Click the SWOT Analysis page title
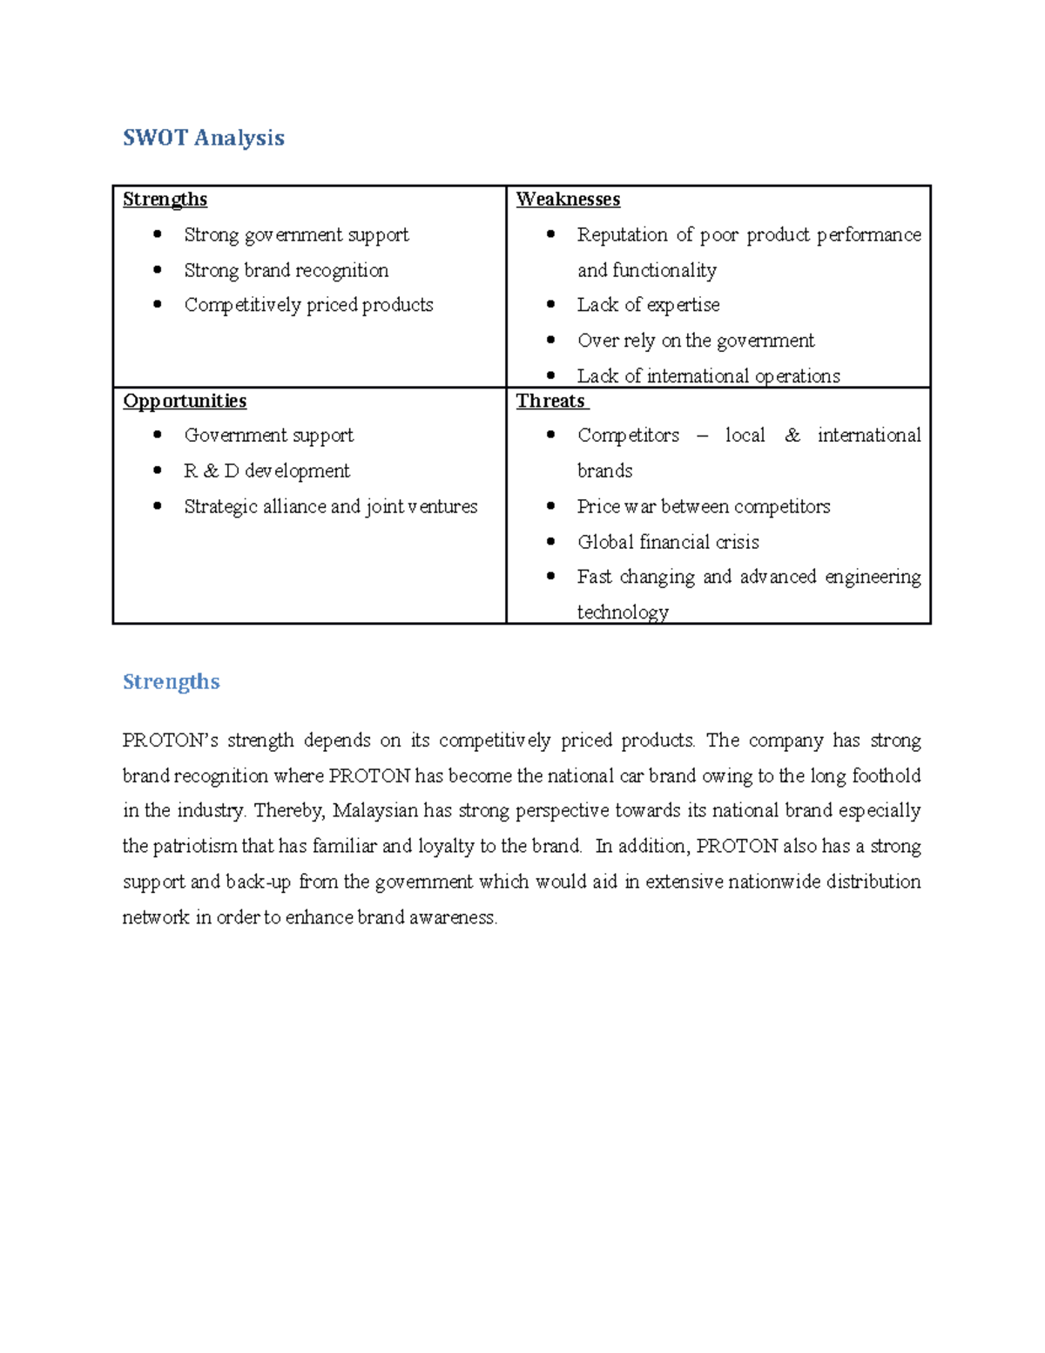pos(203,138)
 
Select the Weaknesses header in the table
pos(568,200)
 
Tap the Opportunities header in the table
pos(185,401)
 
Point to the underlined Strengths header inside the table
pos(165,200)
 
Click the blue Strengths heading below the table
pos(171,681)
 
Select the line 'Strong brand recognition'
pos(286,270)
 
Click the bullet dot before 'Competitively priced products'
pos(158,304)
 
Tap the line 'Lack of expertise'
pos(648,305)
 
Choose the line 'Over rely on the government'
pos(696,341)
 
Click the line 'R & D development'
pos(266,471)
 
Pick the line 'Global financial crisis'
pos(668,542)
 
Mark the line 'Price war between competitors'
pos(704,506)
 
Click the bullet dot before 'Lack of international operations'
pos(550,375)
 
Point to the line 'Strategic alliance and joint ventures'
pos(331,506)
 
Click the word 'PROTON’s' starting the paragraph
pos(171,741)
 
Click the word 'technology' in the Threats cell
pos(623,612)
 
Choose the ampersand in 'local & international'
pos(792,436)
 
